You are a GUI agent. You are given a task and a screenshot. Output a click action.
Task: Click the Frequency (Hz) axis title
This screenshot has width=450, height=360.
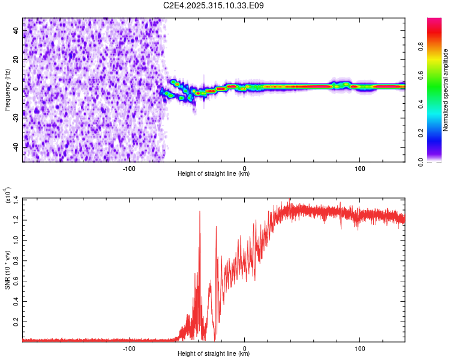point(7,89)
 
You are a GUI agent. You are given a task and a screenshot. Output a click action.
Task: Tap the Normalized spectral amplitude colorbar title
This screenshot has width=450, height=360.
point(446,90)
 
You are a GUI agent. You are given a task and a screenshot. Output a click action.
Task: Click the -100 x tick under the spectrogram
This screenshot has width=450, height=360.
point(129,169)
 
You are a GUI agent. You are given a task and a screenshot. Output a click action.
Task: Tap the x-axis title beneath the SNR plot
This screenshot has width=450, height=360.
point(214,355)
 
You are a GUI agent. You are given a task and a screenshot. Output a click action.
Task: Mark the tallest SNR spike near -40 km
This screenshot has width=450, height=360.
point(200,211)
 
